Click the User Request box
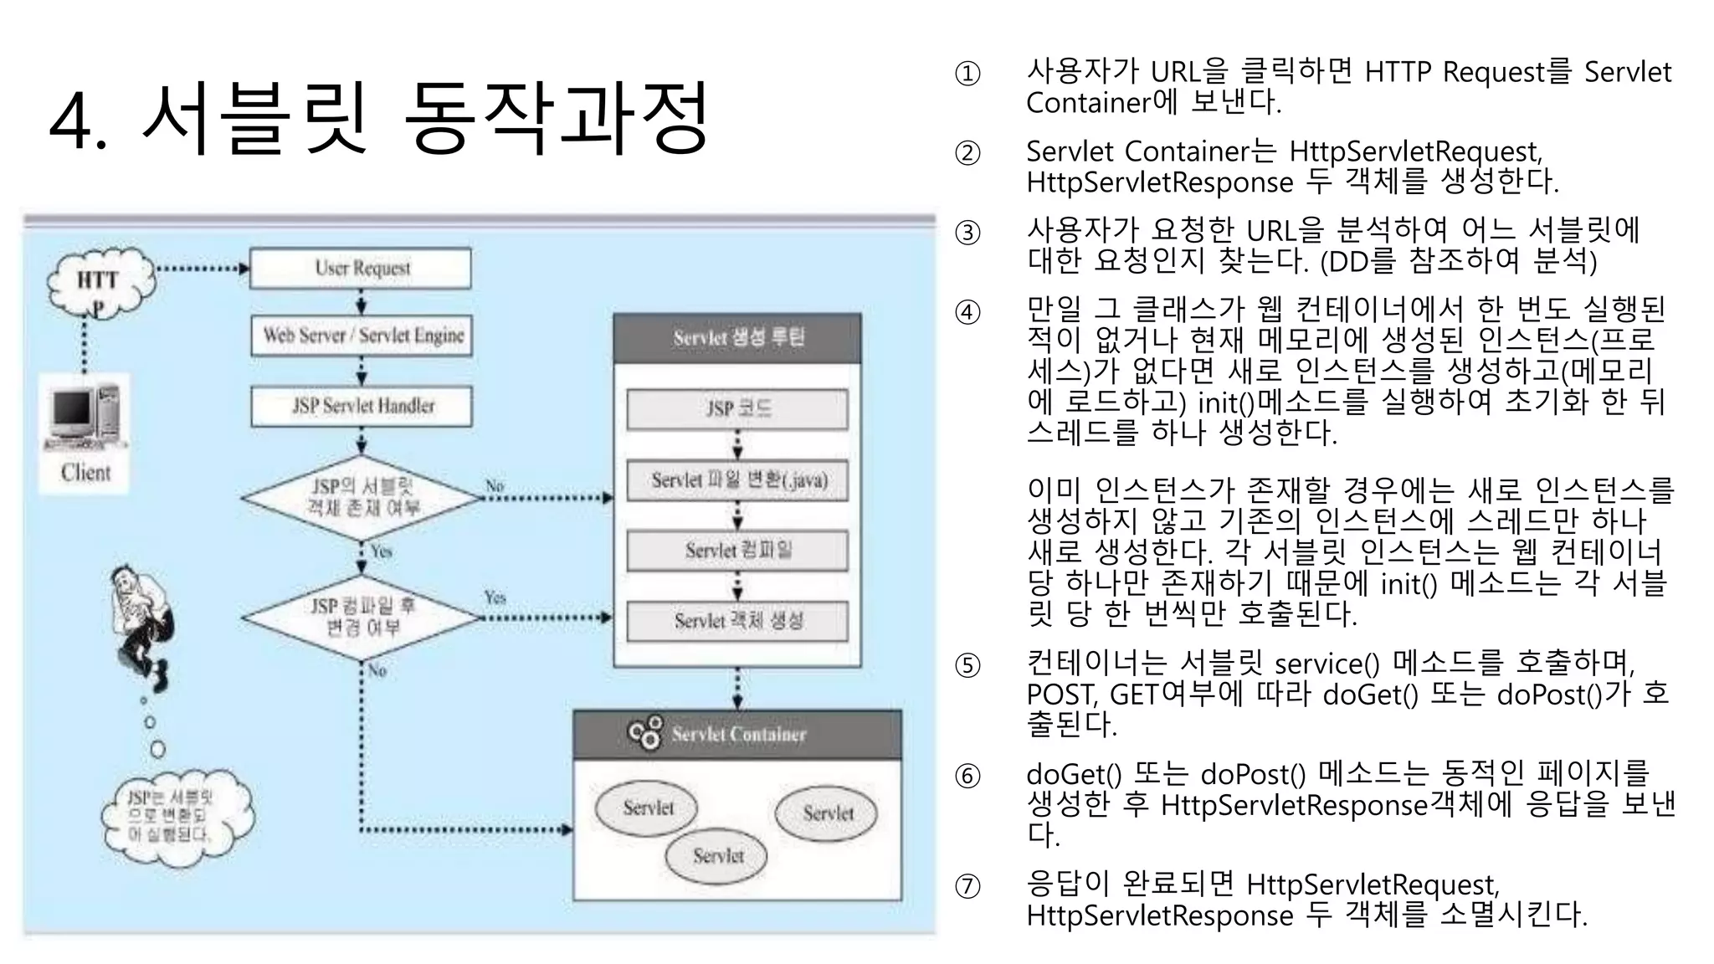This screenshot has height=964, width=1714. coord(361,269)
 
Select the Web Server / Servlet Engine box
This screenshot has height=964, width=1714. coord(362,336)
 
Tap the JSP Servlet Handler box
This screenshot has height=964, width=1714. coord(362,406)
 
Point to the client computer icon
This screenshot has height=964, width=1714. coord(84,414)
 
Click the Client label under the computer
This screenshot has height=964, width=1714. coord(85,473)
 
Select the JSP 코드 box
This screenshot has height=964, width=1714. coord(737,409)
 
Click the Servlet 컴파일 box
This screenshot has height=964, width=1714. coord(737,551)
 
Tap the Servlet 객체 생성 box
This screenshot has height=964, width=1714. coord(737,621)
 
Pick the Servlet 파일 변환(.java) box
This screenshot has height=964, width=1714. coord(737,480)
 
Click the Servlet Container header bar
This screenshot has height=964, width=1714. coord(737,735)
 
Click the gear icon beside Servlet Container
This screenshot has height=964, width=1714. coord(645,732)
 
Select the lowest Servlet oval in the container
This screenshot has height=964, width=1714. coord(717,856)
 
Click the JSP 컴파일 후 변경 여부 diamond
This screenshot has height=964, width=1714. coord(362,617)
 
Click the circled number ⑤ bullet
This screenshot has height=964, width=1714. coord(967,665)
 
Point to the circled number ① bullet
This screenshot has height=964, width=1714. coord(967,74)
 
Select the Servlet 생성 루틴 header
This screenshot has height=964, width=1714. coord(737,338)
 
